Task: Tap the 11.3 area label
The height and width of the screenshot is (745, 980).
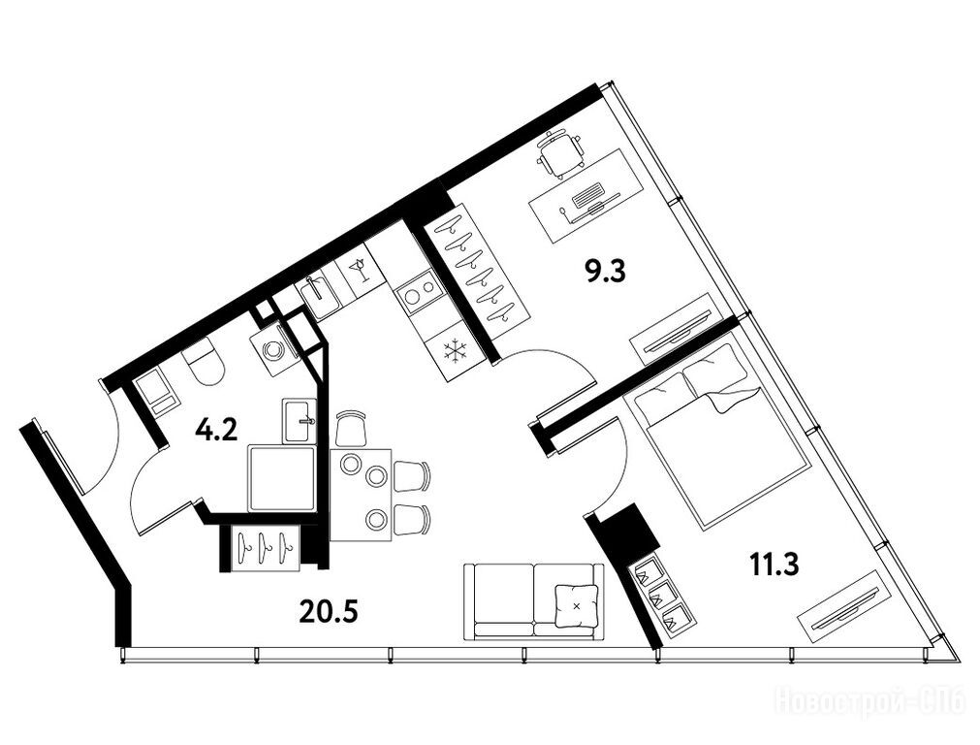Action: click(x=774, y=567)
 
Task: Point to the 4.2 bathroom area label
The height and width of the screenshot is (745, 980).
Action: click(x=216, y=431)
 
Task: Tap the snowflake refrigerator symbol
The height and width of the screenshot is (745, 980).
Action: click(x=456, y=353)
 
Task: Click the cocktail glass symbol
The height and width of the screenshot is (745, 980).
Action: click(x=359, y=270)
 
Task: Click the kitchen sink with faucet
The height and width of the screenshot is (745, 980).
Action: click(x=318, y=296)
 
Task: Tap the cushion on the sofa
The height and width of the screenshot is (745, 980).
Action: click(x=576, y=605)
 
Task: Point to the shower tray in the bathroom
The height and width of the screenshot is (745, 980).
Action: click(x=282, y=478)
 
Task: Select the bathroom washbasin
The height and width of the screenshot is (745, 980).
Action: click(x=299, y=420)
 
